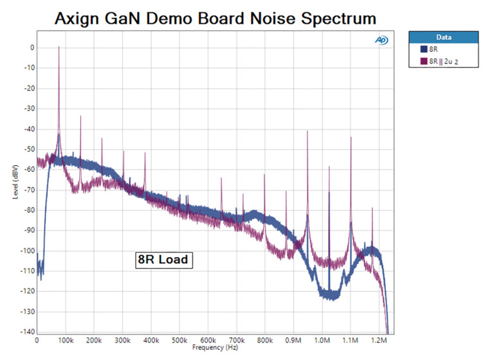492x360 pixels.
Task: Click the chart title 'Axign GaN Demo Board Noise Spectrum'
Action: (x=215, y=17)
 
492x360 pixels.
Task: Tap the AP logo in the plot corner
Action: (x=381, y=40)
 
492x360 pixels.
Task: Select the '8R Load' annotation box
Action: (x=163, y=260)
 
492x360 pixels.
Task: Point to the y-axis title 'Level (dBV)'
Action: (x=15, y=181)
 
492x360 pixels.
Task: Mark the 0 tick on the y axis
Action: (x=30, y=48)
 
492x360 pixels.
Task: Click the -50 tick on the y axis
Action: (x=28, y=149)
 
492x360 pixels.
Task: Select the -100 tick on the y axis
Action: (x=26, y=251)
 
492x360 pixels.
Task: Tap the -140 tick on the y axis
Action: (x=26, y=332)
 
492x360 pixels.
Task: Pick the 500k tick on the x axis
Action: (x=179, y=339)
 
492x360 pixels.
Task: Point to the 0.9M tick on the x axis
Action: (x=293, y=339)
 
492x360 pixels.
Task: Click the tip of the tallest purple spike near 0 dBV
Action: (x=59, y=46)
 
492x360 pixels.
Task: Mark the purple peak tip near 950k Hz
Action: (x=307, y=130)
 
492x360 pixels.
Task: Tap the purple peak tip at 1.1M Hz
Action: (x=351, y=137)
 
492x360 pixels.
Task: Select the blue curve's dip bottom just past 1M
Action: (x=329, y=296)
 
